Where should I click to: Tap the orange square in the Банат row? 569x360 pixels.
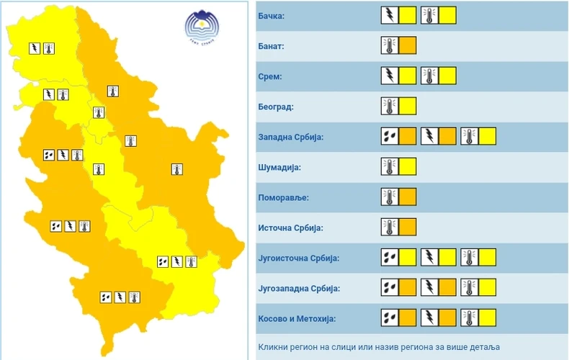pyautogui.click(x=408, y=45)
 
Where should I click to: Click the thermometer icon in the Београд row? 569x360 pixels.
pyautogui.click(x=389, y=107)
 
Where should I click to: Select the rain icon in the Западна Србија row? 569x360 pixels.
pyautogui.click(x=389, y=137)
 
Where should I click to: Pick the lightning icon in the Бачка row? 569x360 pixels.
pyautogui.click(x=389, y=15)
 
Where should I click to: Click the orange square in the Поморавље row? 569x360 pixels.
pyautogui.click(x=408, y=197)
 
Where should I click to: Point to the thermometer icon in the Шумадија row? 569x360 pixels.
pyautogui.click(x=389, y=167)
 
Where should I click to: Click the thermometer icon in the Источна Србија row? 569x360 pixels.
pyautogui.click(x=389, y=228)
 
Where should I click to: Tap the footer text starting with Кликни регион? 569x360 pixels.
pyautogui.click(x=377, y=346)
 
